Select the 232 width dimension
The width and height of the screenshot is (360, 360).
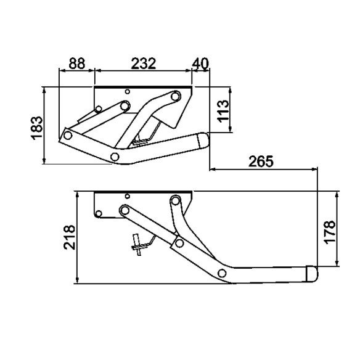(142, 63)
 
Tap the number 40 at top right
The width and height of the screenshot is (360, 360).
(202, 63)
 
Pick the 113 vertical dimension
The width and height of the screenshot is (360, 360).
(223, 110)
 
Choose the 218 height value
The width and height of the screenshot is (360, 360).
(69, 237)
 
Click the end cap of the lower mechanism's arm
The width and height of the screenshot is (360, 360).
(312, 272)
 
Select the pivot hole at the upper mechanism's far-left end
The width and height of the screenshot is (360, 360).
(68, 134)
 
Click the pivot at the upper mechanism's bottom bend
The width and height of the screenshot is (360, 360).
(115, 155)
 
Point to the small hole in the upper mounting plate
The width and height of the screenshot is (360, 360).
(127, 92)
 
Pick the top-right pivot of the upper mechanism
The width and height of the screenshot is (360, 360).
(176, 96)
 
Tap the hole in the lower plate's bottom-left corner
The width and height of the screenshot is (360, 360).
(97, 214)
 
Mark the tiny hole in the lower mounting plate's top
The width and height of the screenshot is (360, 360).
(127, 197)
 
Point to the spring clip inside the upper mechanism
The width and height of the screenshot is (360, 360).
(146, 136)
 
